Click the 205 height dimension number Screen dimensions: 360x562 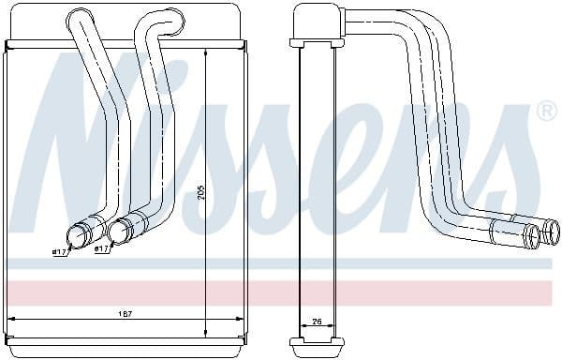(x=200, y=192)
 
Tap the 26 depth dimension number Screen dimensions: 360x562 (x=317, y=322)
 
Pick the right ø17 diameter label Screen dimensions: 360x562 (x=102, y=249)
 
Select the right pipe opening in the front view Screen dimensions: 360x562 (x=118, y=232)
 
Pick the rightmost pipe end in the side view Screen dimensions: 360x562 (x=552, y=232)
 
